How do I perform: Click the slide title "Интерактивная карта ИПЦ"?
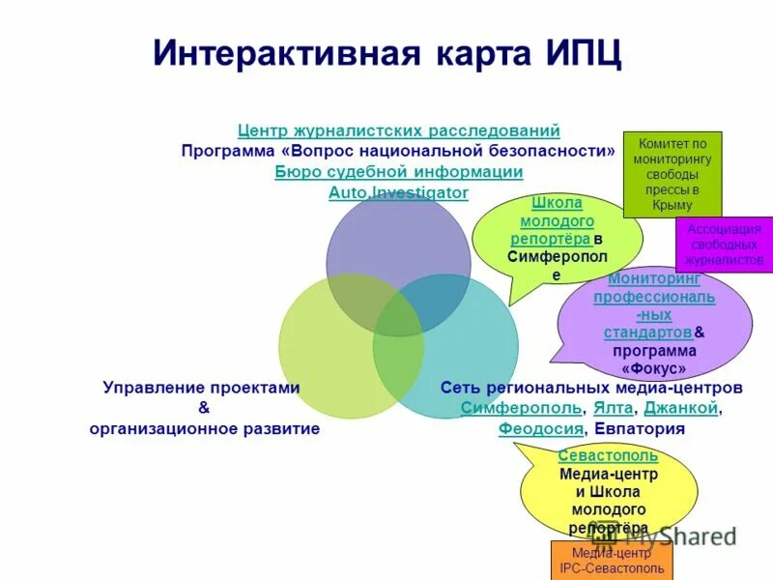tap(387, 53)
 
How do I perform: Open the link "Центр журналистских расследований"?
tap(398, 130)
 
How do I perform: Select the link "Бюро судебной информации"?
tap(398, 172)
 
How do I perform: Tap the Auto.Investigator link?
tap(398, 193)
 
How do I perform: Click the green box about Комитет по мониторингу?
tap(672, 174)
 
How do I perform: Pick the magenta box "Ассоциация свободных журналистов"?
tap(724, 245)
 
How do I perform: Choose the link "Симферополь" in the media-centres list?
tap(521, 408)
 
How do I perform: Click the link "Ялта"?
tap(613, 408)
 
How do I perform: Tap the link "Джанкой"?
tap(680, 408)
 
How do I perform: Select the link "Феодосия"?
tap(541, 429)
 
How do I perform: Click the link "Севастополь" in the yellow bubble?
tap(608, 456)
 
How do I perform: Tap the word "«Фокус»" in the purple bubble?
tap(654, 368)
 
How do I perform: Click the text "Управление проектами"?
tap(201, 388)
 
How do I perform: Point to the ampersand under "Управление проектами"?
tap(203, 408)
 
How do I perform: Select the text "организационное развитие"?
tap(204, 429)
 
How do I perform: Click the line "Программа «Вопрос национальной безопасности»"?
tap(398, 152)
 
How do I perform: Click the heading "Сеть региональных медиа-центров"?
tap(591, 388)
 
